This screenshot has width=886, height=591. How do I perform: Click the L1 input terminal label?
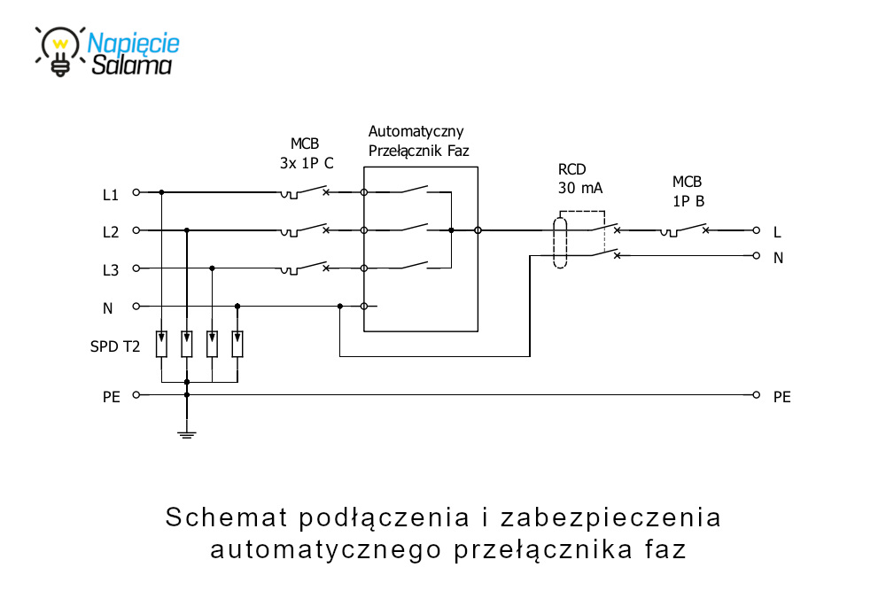coord(111,193)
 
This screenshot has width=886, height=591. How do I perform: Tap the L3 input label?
coord(111,269)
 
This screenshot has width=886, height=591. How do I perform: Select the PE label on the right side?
coord(781,396)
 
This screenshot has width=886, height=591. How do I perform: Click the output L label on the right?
coord(777,232)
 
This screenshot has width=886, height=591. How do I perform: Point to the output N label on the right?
coord(778,258)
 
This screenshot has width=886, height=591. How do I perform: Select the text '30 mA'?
coord(579,188)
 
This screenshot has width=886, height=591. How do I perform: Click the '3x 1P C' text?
coord(307,163)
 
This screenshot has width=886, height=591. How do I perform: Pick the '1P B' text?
coord(688,201)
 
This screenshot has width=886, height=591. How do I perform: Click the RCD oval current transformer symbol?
coord(560,240)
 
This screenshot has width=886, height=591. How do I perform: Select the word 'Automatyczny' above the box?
coord(416,132)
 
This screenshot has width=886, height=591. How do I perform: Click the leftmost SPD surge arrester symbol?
coord(161,344)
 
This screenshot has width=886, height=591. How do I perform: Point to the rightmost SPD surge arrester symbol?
coord(237,344)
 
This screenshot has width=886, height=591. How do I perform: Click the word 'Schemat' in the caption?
coord(223,517)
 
